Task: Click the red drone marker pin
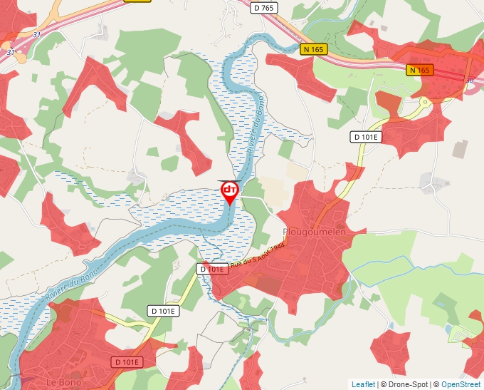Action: click(x=230, y=191)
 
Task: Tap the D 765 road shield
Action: click(x=263, y=7)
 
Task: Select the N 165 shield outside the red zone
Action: click(x=313, y=49)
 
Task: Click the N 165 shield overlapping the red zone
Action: click(x=420, y=70)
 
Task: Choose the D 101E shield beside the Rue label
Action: click(x=212, y=269)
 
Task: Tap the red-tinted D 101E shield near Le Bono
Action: click(x=127, y=362)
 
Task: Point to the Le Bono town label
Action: click(x=62, y=382)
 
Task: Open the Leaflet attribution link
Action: click(x=363, y=384)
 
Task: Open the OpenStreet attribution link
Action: click(x=461, y=384)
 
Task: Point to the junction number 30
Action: click(x=469, y=81)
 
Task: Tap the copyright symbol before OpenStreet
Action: click(x=436, y=384)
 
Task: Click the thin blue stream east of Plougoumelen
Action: click(x=399, y=264)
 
